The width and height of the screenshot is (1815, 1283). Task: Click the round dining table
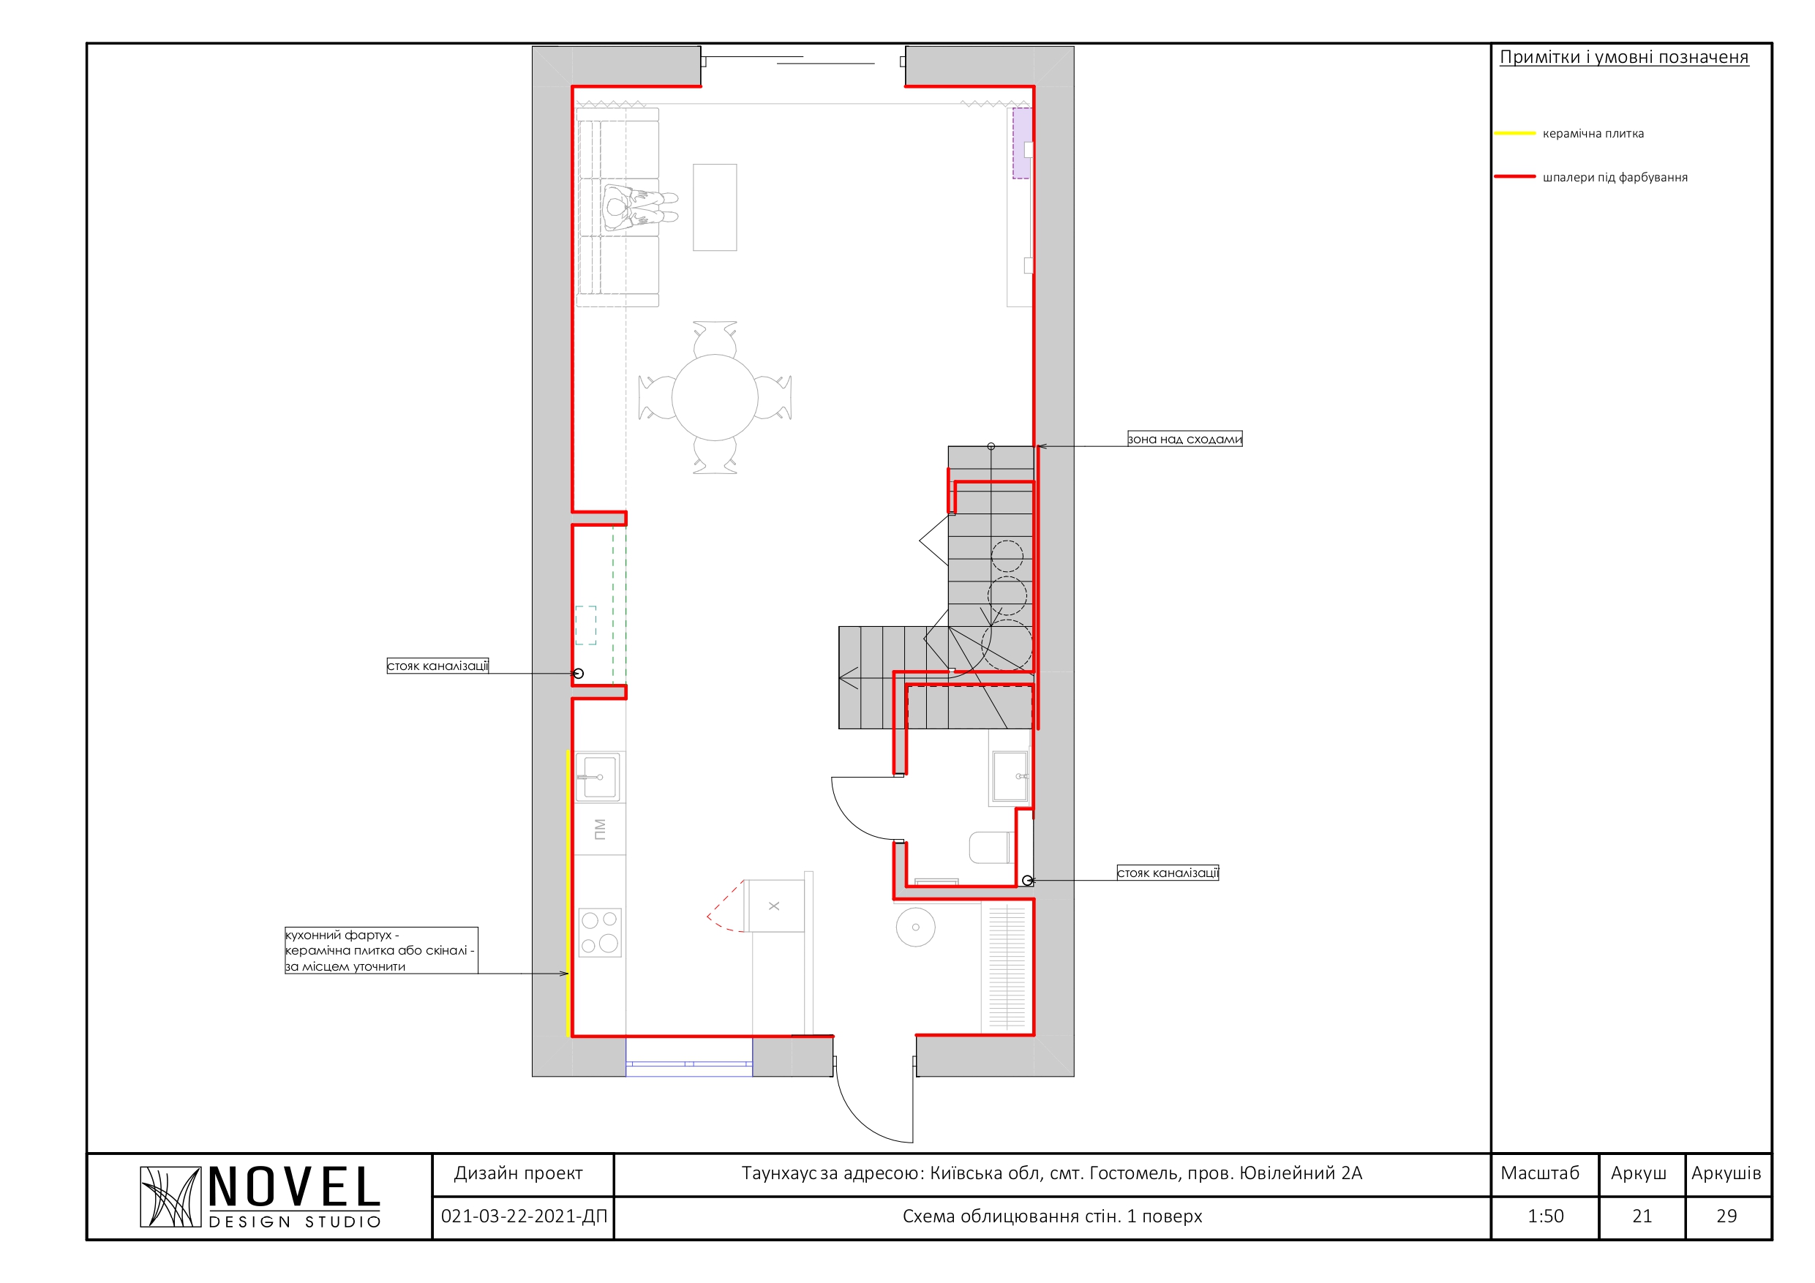click(x=715, y=397)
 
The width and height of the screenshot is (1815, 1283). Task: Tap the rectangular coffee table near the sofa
click(x=715, y=207)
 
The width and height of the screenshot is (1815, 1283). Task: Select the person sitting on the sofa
click(x=639, y=208)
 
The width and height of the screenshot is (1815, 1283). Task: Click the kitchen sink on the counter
click(x=598, y=777)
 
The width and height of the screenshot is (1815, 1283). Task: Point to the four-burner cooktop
click(x=600, y=933)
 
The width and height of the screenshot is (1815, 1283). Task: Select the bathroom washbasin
click(x=1010, y=778)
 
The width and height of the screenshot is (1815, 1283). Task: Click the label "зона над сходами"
click(x=1184, y=439)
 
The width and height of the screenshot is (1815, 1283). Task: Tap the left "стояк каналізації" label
click(x=437, y=666)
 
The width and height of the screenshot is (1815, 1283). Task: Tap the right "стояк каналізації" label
click(x=1168, y=873)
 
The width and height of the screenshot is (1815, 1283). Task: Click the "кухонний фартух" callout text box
click(x=381, y=950)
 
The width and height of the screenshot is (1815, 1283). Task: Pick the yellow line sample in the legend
click(x=1514, y=134)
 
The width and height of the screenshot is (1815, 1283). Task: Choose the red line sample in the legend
click(x=1514, y=177)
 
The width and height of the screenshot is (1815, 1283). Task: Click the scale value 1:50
click(x=1546, y=1216)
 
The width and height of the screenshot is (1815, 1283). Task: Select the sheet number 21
click(x=1642, y=1216)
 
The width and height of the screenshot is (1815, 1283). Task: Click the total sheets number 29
click(x=1726, y=1216)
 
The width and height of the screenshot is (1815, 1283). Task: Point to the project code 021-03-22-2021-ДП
click(x=524, y=1216)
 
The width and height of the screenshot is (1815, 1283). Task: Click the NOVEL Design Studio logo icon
click(x=170, y=1197)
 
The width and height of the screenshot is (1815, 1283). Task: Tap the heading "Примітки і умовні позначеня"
click(x=1624, y=57)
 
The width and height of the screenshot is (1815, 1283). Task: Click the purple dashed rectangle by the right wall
click(x=1022, y=143)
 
